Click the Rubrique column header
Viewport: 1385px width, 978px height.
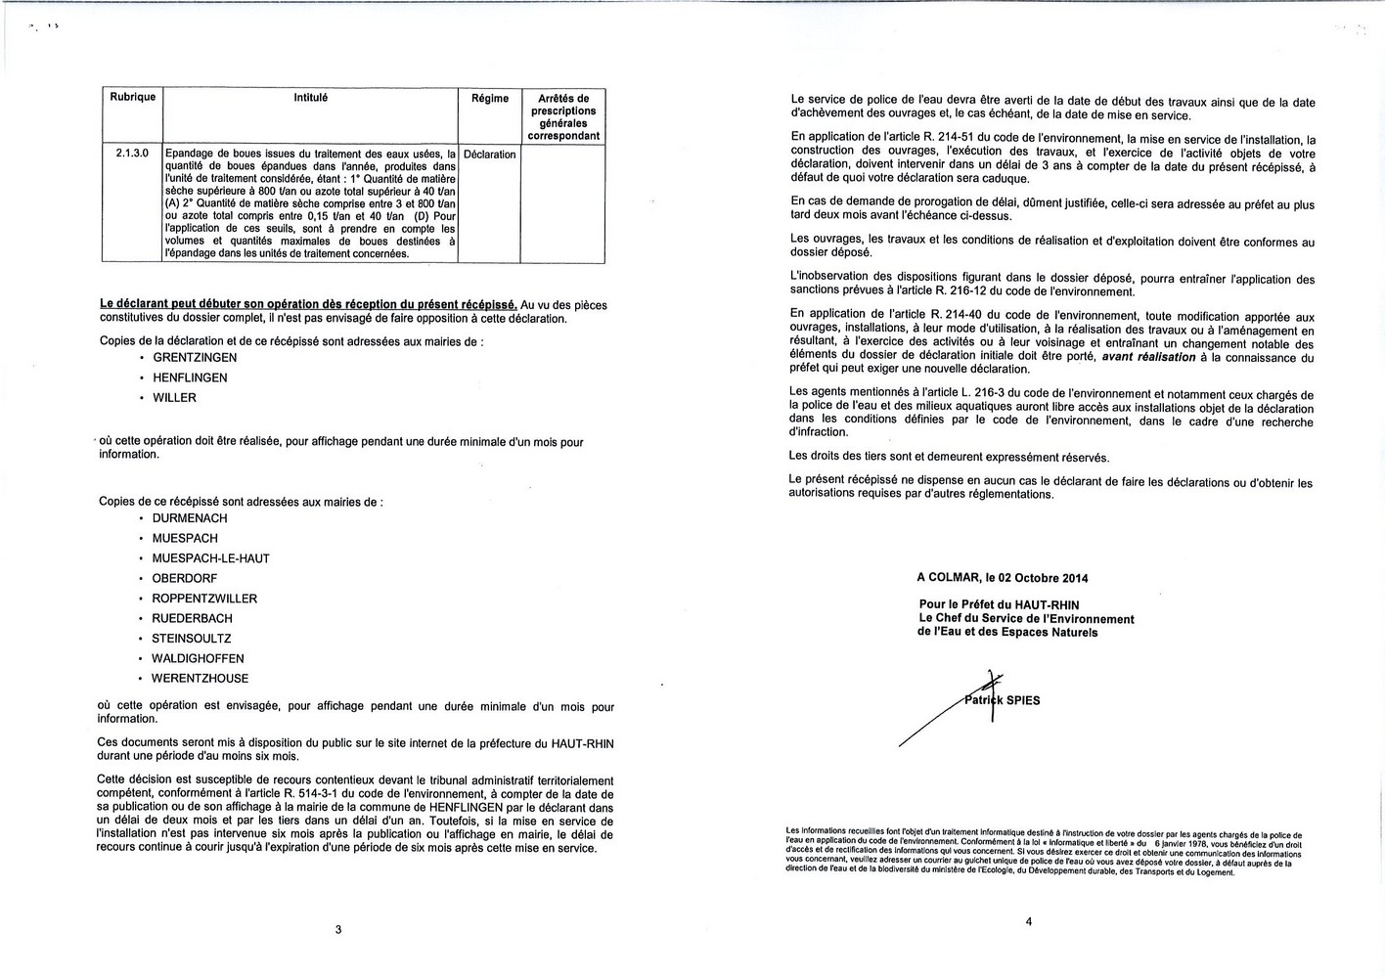pos(132,97)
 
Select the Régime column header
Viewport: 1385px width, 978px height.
pos(490,98)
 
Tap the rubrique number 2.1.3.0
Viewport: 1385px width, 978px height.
pos(132,154)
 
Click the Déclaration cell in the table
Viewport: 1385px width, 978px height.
pos(489,155)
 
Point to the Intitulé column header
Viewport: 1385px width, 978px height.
pos(311,98)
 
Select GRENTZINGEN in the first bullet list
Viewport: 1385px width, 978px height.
pos(195,358)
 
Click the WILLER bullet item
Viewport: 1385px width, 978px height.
pos(174,398)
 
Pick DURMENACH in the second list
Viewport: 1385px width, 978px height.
pos(190,518)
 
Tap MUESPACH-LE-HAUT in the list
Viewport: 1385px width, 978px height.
pos(210,558)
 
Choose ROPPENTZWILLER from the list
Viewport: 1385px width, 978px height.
pos(204,599)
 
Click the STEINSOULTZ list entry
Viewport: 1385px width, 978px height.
pos(192,639)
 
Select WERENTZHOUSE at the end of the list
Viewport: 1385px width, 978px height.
pos(201,679)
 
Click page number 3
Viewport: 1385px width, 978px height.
pos(338,929)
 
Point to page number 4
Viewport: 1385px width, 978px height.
pos(1028,920)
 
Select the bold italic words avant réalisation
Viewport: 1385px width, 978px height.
pos(1148,357)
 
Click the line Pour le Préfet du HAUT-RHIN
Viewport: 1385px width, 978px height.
pos(999,605)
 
